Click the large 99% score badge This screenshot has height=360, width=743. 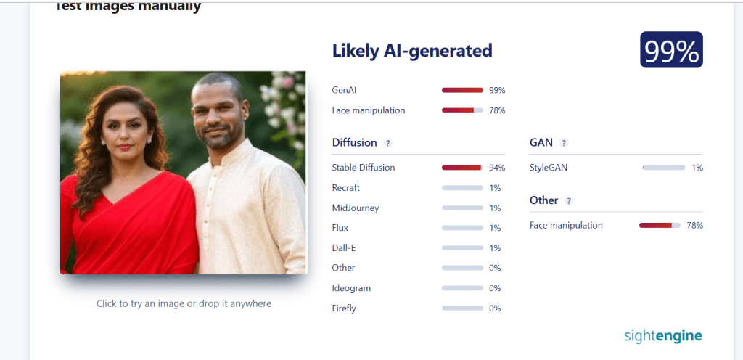point(671,50)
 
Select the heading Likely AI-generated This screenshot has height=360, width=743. point(412,50)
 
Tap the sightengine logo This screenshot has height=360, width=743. point(663,336)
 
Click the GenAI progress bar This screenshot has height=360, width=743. point(462,90)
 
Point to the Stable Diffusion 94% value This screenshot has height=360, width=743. point(497,168)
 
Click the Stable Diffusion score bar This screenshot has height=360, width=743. point(462,168)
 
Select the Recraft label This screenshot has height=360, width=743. point(346,187)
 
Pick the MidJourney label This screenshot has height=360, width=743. point(356,208)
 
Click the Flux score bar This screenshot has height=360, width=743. point(462,228)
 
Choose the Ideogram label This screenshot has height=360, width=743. point(351,288)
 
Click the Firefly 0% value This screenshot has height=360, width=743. point(495,308)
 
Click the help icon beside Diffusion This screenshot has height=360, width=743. point(387,143)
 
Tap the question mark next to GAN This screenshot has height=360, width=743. point(563,143)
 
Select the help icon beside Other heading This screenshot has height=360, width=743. point(569,201)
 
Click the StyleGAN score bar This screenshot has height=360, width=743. point(664,168)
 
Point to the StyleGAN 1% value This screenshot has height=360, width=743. point(697,168)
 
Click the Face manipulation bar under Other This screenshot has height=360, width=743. point(660,226)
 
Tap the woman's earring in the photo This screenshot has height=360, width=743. point(149,140)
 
